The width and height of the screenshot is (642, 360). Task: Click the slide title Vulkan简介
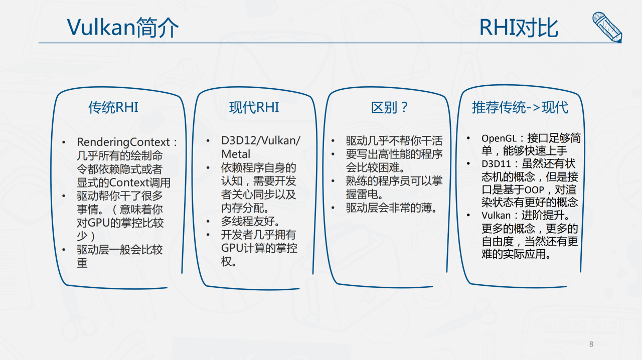(123, 28)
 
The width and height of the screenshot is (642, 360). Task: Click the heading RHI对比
(519, 28)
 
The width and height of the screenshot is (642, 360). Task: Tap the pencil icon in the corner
(607, 27)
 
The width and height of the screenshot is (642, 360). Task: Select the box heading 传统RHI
(113, 107)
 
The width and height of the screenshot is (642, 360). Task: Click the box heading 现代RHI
(254, 107)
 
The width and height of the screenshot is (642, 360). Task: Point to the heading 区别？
(389, 107)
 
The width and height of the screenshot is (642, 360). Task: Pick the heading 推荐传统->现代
(520, 107)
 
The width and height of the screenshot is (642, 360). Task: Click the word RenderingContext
(123, 142)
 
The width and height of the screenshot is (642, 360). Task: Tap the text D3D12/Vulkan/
(261, 141)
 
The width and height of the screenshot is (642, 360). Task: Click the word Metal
(236, 154)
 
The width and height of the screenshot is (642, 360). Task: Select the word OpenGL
(499, 138)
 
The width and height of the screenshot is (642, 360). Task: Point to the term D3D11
(496, 164)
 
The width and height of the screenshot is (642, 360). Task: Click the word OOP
(534, 190)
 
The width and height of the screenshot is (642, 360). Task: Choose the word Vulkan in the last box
(496, 215)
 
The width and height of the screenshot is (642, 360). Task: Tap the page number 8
(591, 344)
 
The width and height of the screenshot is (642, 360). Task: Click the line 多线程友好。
(250, 221)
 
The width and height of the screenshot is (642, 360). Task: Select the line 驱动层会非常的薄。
(391, 208)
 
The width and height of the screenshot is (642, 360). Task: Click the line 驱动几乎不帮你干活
(394, 141)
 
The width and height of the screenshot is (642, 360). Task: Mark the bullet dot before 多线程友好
(208, 222)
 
